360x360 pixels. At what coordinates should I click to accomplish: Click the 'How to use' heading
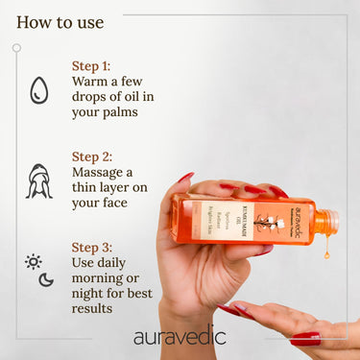pyautogui.click(x=60, y=21)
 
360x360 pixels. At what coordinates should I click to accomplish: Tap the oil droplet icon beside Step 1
pyautogui.click(x=38, y=90)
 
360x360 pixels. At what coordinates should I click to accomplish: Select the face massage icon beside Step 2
pyautogui.click(x=38, y=180)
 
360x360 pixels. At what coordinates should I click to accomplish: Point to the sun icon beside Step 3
pyautogui.click(x=34, y=261)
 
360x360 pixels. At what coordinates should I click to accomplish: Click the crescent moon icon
pyautogui.click(x=46, y=279)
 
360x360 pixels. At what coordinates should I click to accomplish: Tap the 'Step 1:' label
pyautogui.click(x=92, y=66)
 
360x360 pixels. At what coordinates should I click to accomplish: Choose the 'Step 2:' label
pyautogui.click(x=92, y=155)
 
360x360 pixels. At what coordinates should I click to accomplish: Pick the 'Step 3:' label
pyautogui.click(x=92, y=245)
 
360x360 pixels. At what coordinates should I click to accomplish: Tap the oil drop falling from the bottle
pyautogui.click(x=327, y=252)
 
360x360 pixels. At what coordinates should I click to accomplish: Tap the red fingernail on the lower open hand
pyautogui.click(x=305, y=338)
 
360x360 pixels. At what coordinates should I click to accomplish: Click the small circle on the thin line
pyautogui.click(x=16, y=47)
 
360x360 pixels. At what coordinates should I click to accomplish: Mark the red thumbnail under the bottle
pyautogui.click(x=261, y=251)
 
